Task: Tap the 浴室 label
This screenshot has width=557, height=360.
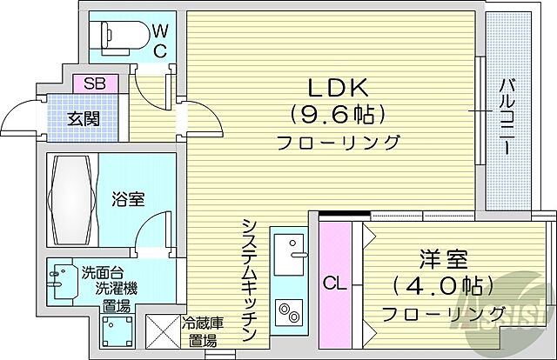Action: (x=128, y=199)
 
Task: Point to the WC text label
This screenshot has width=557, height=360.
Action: (x=160, y=39)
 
